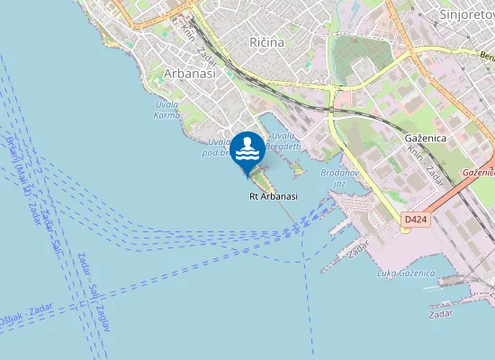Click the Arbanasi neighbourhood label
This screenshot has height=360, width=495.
[x=190, y=74]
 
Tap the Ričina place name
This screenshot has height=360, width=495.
[x=267, y=42]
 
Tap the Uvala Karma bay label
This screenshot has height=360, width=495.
[x=166, y=110]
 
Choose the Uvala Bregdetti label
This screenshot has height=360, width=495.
[x=283, y=140]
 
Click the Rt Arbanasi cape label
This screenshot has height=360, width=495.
[x=274, y=196]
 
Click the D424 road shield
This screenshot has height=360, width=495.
[x=415, y=219]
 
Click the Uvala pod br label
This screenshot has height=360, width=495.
[x=219, y=148]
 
